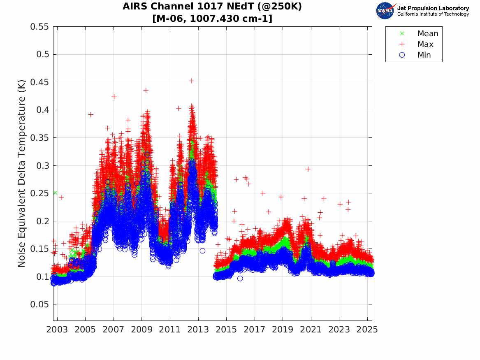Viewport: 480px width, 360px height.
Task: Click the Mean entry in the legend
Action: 427,34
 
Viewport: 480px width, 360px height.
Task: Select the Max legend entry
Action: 425,44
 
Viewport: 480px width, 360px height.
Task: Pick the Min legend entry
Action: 424,55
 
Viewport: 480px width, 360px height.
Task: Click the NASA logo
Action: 385,11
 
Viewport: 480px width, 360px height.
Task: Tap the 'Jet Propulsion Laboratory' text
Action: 433,8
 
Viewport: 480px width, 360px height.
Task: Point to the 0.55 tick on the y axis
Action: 39,27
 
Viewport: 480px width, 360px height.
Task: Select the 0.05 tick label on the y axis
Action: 39,304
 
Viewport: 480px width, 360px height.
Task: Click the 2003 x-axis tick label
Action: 57,330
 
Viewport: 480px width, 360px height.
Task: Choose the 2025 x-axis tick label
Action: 367,330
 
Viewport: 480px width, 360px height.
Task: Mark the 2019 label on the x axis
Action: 283,330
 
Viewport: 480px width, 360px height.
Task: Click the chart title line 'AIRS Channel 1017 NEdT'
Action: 212,7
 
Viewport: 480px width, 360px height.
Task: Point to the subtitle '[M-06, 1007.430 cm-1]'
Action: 212,19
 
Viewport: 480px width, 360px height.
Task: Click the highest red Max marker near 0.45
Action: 191,81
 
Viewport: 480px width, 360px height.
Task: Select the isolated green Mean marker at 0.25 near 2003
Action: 55,193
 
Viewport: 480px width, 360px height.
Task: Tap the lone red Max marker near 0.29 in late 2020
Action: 308,169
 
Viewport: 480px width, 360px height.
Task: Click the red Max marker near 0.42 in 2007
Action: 114,97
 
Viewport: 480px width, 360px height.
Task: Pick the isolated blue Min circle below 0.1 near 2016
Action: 240,279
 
